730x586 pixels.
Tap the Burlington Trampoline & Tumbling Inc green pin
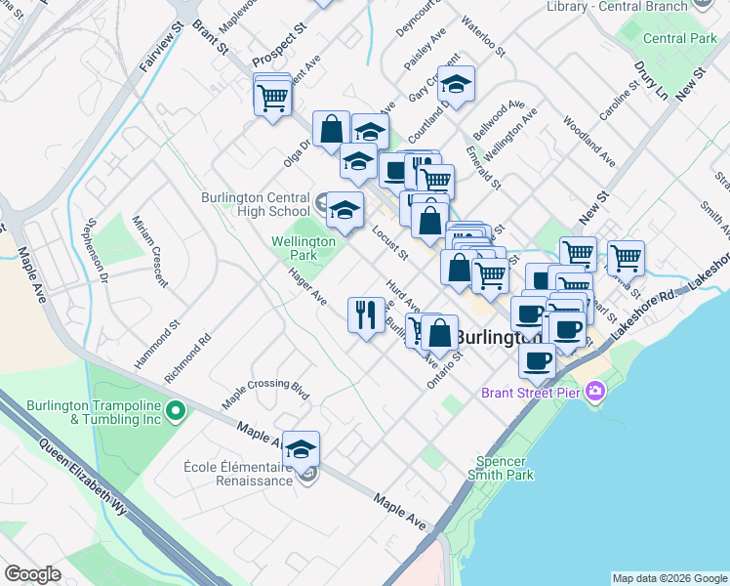coord(176,410)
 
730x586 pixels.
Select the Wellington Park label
coord(304,248)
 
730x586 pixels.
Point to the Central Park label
coord(680,39)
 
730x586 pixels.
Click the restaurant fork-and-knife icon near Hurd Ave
coord(366,314)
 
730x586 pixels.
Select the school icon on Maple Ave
coord(302,448)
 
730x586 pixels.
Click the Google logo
coord(32,574)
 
